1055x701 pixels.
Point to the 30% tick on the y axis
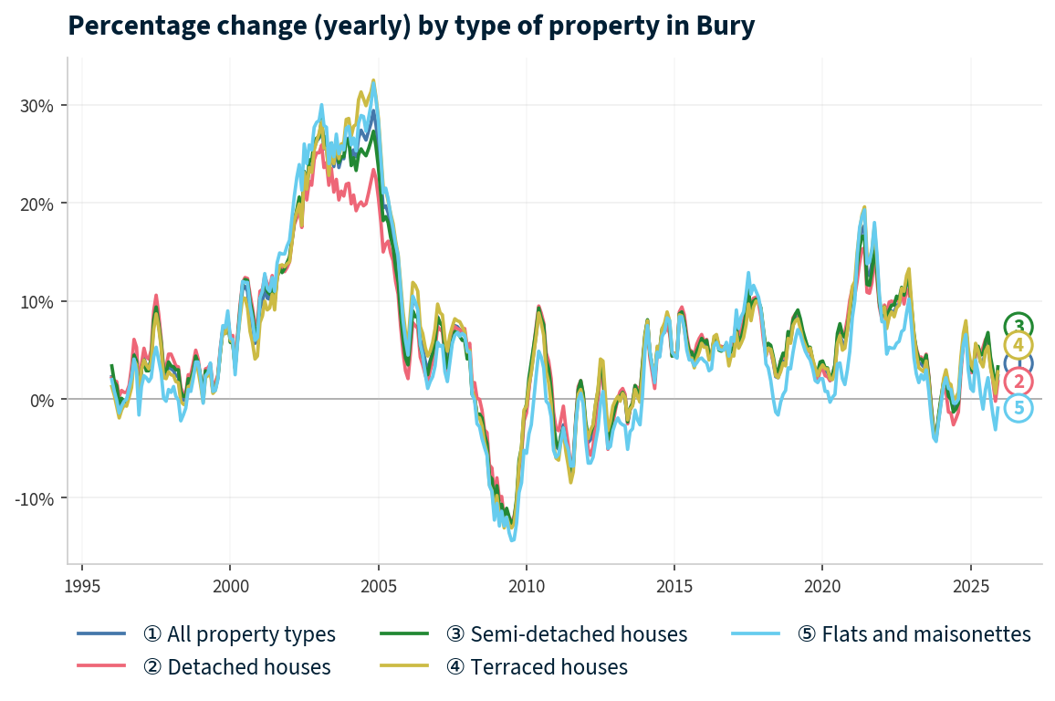coord(37,105)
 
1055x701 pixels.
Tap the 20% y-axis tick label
coord(37,204)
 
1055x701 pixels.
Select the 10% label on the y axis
coord(37,302)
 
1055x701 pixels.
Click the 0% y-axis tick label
coord(42,400)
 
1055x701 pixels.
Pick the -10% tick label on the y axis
coord(36,498)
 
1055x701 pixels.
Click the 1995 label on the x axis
coord(82,584)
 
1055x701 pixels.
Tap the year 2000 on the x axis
coord(230,584)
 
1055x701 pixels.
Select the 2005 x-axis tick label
coord(378,584)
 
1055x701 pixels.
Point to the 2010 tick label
coord(526,584)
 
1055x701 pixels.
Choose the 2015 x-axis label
coord(674,584)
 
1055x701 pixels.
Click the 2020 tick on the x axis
coord(821,584)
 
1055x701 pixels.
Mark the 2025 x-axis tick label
coord(969,584)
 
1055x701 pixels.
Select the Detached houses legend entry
coord(236,667)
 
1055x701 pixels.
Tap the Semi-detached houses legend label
coord(566,633)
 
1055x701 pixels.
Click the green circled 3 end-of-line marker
coord(1018,326)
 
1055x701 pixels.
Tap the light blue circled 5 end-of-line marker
coord(1018,408)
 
